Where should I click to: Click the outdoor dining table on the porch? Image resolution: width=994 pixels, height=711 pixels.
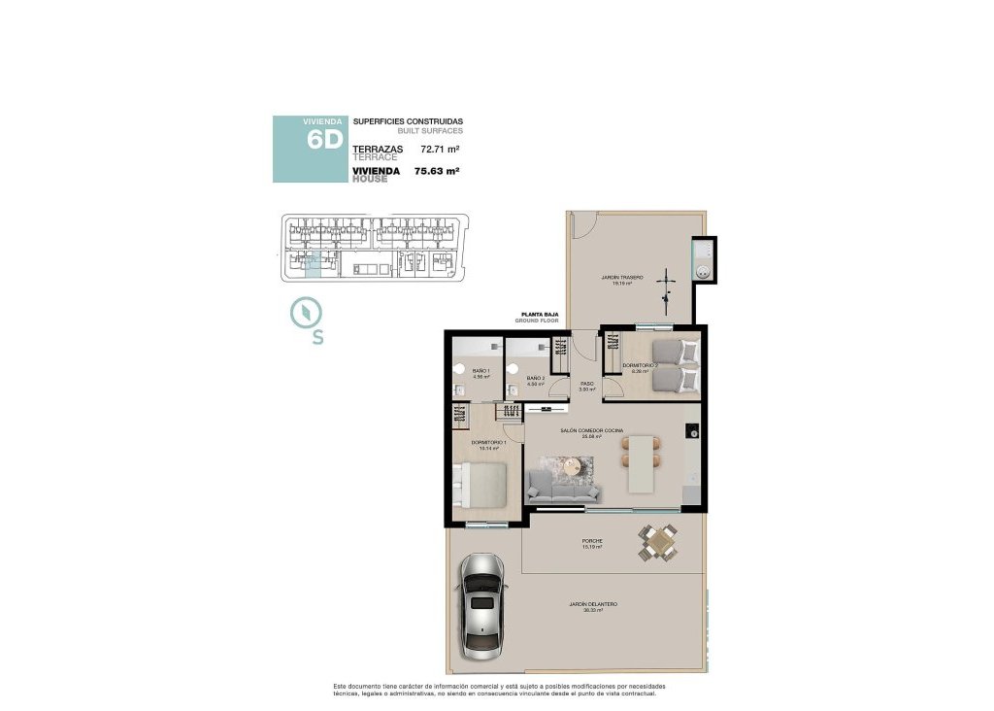tap(659, 542)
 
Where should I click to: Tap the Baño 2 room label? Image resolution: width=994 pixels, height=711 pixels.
tap(535, 380)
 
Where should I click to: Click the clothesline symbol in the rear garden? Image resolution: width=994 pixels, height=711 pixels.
tap(667, 282)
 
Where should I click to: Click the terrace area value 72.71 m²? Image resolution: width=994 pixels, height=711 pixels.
tap(439, 150)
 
